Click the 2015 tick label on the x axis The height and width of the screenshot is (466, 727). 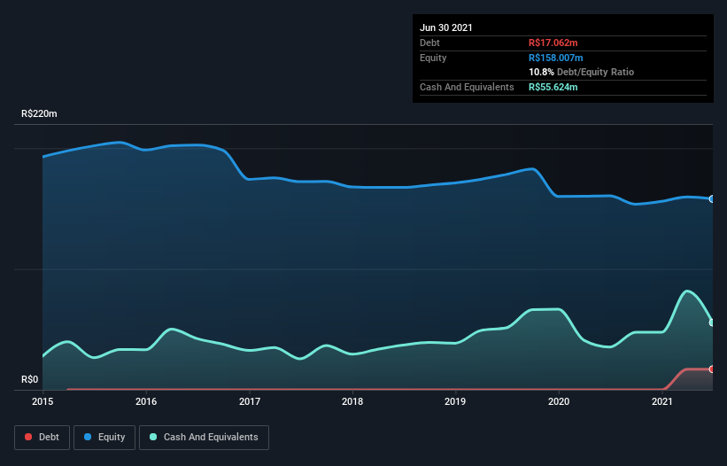pyautogui.click(x=43, y=402)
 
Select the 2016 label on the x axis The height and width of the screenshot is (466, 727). pyautogui.click(x=146, y=402)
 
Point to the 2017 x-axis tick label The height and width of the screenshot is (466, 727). pyautogui.click(x=250, y=402)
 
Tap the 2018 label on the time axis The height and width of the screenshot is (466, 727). pyautogui.click(x=352, y=402)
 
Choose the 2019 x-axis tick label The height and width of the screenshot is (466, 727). pyautogui.click(x=456, y=402)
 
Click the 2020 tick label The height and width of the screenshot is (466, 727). pyautogui.click(x=559, y=402)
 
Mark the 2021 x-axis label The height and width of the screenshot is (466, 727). pyautogui.click(x=662, y=402)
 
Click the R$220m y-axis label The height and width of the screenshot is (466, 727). pyautogui.click(x=39, y=114)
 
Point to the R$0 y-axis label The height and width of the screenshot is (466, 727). pyautogui.click(x=30, y=380)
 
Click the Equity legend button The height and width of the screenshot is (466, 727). pyautogui.click(x=104, y=437)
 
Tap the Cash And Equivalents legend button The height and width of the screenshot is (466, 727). pyautogui.click(x=204, y=437)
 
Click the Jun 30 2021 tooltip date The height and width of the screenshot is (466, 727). pyautogui.click(x=446, y=27)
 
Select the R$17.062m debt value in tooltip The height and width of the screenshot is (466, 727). pyautogui.click(x=553, y=43)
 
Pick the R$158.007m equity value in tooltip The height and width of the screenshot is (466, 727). pyautogui.click(x=555, y=58)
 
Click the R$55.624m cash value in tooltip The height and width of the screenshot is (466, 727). pyautogui.click(x=553, y=87)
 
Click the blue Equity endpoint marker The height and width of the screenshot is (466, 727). pyautogui.click(x=712, y=199)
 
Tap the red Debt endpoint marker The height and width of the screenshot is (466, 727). pyautogui.click(x=712, y=369)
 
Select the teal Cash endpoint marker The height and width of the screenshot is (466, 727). pyautogui.click(x=712, y=322)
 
